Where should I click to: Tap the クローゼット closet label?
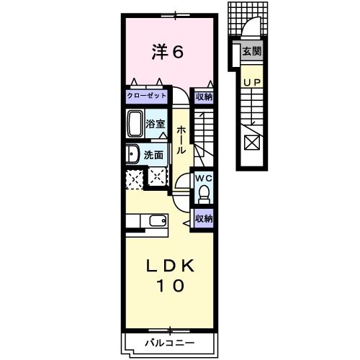[x=147, y=95]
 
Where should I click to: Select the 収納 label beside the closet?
[x=204, y=95]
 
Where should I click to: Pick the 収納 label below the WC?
[x=203, y=217]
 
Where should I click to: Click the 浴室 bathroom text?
[x=156, y=122]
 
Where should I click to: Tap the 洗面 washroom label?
[x=152, y=154]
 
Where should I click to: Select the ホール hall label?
[x=182, y=139]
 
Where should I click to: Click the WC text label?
[x=203, y=178]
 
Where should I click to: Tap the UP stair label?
[x=251, y=82]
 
